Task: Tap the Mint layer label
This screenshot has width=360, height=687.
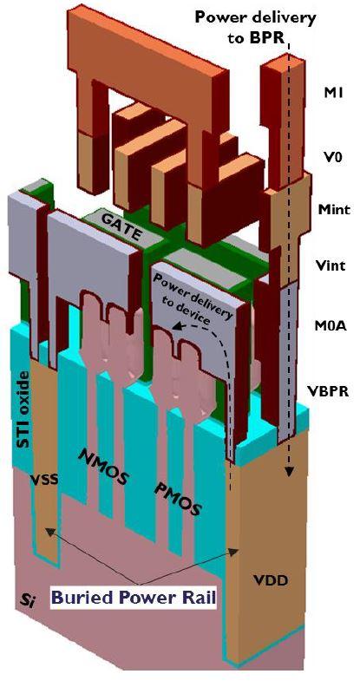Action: pos(330,208)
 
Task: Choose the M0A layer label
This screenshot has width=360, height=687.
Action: pos(331,326)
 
